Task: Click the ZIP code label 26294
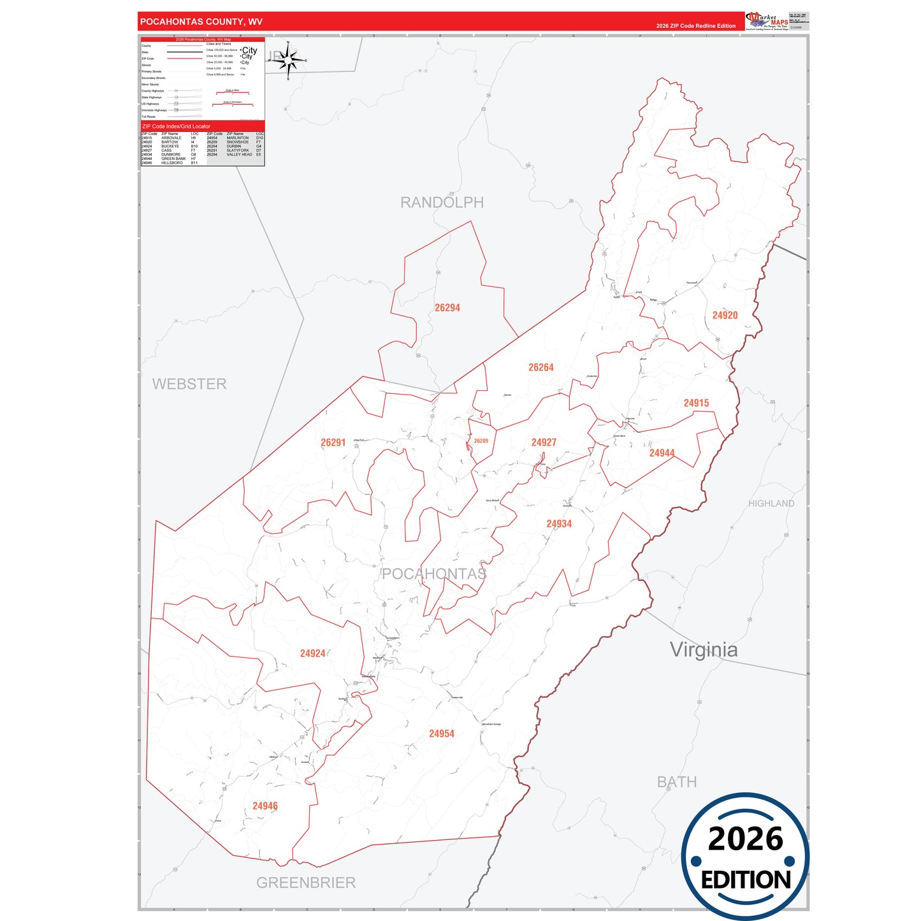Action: (447, 308)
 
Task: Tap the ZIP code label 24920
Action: (725, 315)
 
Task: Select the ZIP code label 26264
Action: (541, 368)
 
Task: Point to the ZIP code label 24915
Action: (696, 403)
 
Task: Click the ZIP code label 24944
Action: (662, 453)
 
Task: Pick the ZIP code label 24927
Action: (544, 442)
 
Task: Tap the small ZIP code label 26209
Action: (481, 441)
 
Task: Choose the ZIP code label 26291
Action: (333, 442)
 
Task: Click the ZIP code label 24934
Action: (559, 524)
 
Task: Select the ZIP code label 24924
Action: (313, 653)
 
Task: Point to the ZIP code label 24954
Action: (442, 734)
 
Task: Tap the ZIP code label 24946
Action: (265, 806)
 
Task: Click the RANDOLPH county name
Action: (442, 203)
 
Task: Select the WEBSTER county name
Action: (189, 384)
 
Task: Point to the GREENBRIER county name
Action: (306, 883)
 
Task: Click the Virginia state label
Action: (704, 650)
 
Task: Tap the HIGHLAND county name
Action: (771, 504)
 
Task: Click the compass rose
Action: (288, 61)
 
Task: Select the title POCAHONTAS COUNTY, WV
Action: (201, 22)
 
